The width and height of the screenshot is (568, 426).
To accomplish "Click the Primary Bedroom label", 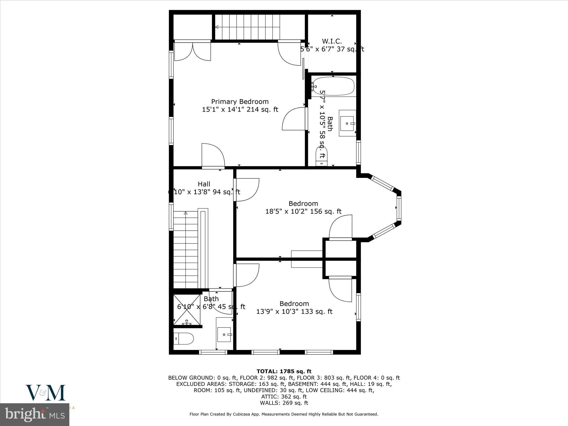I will click(240, 102).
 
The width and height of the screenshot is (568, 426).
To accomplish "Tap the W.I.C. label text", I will click(332, 41).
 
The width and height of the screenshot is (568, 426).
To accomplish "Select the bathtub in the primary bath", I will click(333, 86).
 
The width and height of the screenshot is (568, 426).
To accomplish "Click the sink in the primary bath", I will click(347, 123).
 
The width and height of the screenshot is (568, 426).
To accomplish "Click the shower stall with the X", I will click(187, 309).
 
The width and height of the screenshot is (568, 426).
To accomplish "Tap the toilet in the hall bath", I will click(183, 338).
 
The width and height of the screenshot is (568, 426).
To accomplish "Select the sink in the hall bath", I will click(224, 334).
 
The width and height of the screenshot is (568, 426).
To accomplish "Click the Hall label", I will click(204, 184).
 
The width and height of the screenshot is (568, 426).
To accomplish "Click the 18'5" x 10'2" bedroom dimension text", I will click(303, 211).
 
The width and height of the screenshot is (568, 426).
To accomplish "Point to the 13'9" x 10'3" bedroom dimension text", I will click(294, 311).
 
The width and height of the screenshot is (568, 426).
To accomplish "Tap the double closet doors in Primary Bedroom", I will click(192, 52).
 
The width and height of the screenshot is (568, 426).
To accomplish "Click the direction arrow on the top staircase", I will click(217, 27).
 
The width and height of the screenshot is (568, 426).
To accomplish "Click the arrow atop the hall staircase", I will click(186, 213).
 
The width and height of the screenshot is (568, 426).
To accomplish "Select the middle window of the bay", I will click(399, 208).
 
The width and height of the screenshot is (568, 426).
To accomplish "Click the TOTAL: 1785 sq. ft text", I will click(284, 371).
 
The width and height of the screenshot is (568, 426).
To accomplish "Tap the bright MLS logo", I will click(35, 414).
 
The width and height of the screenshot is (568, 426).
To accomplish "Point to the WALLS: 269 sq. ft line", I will click(284, 403).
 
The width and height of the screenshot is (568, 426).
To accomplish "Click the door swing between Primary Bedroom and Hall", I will click(213, 156).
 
